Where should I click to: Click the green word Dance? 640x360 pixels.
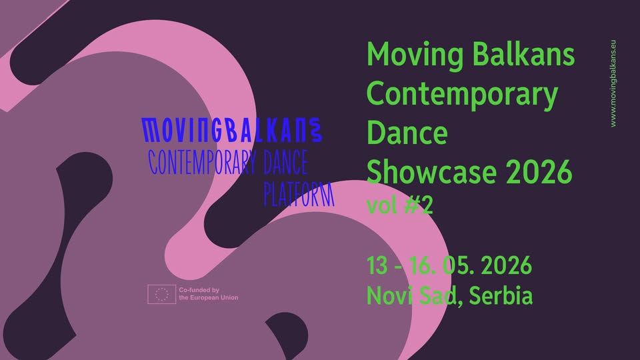click(x=407, y=133)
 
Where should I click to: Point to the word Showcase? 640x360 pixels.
click(x=433, y=172)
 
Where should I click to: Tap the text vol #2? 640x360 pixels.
click(x=400, y=206)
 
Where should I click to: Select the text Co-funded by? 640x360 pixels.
click(x=199, y=290)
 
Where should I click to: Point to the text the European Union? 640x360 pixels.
click(x=207, y=298)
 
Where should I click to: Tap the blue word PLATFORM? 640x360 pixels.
click(x=298, y=193)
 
